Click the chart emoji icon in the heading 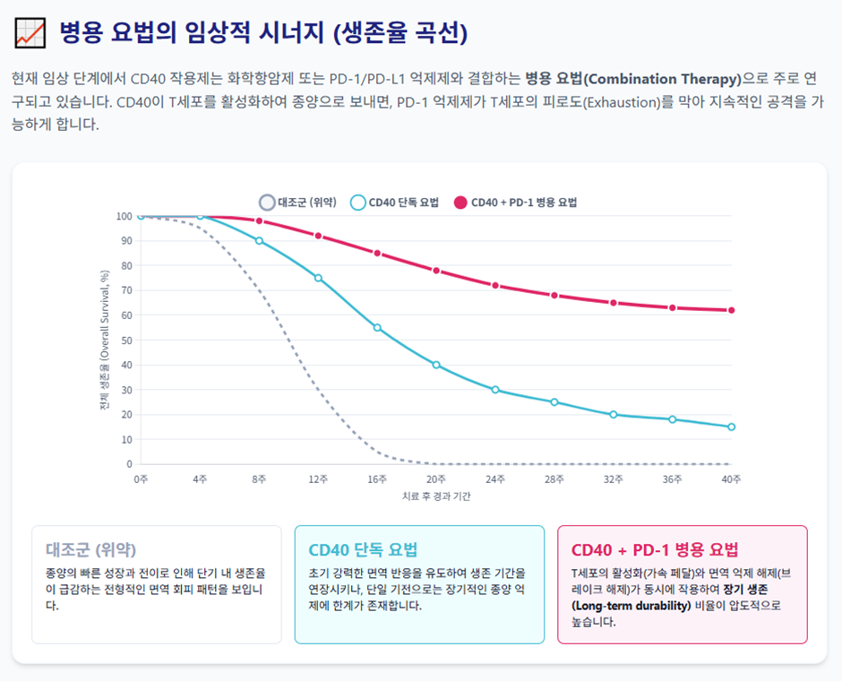(x=30, y=33)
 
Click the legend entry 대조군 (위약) (x=297, y=203)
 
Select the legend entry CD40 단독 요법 (x=394, y=203)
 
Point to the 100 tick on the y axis (x=124, y=216)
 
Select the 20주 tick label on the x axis (x=436, y=480)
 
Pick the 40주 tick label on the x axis (x=732, y=480)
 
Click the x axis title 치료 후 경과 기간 (x=436, y=496)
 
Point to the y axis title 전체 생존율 (x=105, y=340)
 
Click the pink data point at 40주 (x=732, y=310)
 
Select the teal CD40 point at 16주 (x=377, y=328)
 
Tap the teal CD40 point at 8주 (x=259, y=241)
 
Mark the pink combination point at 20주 (x=436, y=271)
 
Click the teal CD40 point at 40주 (x=732, y=427)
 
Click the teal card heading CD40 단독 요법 (x=363, y=549)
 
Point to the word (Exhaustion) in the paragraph (x=621, y=100)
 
